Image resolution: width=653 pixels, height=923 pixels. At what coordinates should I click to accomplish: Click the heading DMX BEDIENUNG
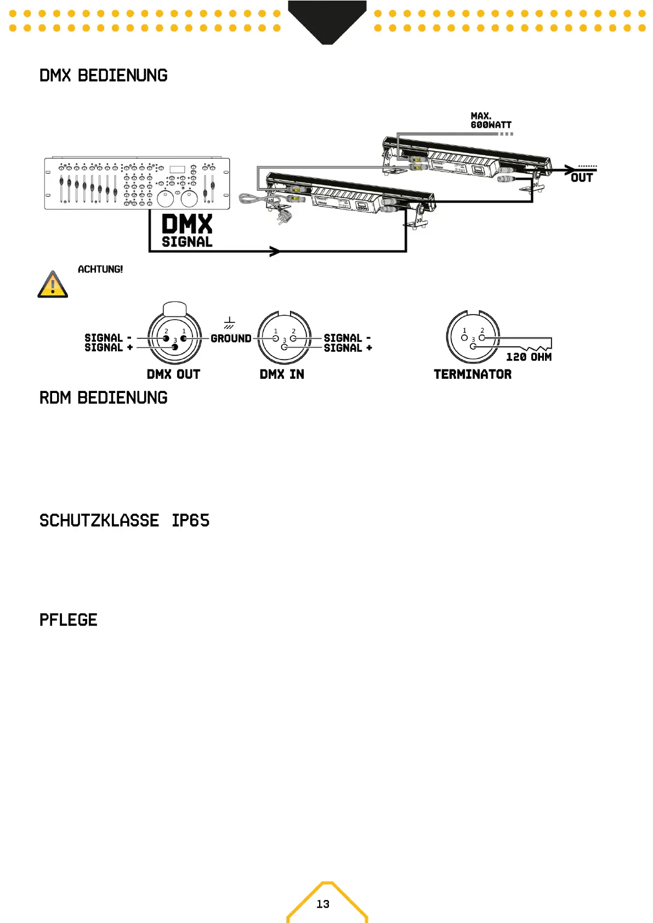[x=103, y=76]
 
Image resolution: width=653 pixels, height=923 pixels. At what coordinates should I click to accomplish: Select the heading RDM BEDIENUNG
[x=103, y=398]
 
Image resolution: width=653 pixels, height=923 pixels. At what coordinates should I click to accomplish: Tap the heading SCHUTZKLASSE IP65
[x=124, y=521]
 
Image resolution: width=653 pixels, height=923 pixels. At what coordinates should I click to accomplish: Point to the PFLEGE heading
[x=68, y=620]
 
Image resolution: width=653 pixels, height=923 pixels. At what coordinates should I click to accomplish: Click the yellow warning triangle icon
[x=53, y=284]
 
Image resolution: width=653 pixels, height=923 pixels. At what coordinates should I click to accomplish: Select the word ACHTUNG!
[x=100, y=269]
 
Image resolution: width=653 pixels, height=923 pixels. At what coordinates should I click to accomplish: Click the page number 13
[x=323, y=904]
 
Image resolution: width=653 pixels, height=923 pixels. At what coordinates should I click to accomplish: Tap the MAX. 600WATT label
[x=490, y=121]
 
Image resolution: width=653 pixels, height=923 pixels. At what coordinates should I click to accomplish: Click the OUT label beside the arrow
[x=581, y=178]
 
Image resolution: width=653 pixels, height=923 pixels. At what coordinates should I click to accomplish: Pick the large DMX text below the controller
[x=187, y=225]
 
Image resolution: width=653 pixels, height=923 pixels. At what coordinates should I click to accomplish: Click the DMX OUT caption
[x=173, y=374]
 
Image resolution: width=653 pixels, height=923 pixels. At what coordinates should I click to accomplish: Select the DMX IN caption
[x=282, y=374]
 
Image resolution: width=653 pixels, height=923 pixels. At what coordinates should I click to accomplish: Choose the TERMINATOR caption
[x=473, y=374]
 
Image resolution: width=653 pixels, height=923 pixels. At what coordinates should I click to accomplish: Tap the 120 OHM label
[x=529, y=357]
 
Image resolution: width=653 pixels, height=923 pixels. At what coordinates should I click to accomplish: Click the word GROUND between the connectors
[x=231, y=339]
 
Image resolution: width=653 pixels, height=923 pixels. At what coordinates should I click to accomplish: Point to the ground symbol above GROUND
[x=229, y=323]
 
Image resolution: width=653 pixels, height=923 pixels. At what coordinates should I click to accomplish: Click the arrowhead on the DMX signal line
[x=275, y=252]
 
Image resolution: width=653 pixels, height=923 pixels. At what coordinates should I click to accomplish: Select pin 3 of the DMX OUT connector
[x=175, y=347]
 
